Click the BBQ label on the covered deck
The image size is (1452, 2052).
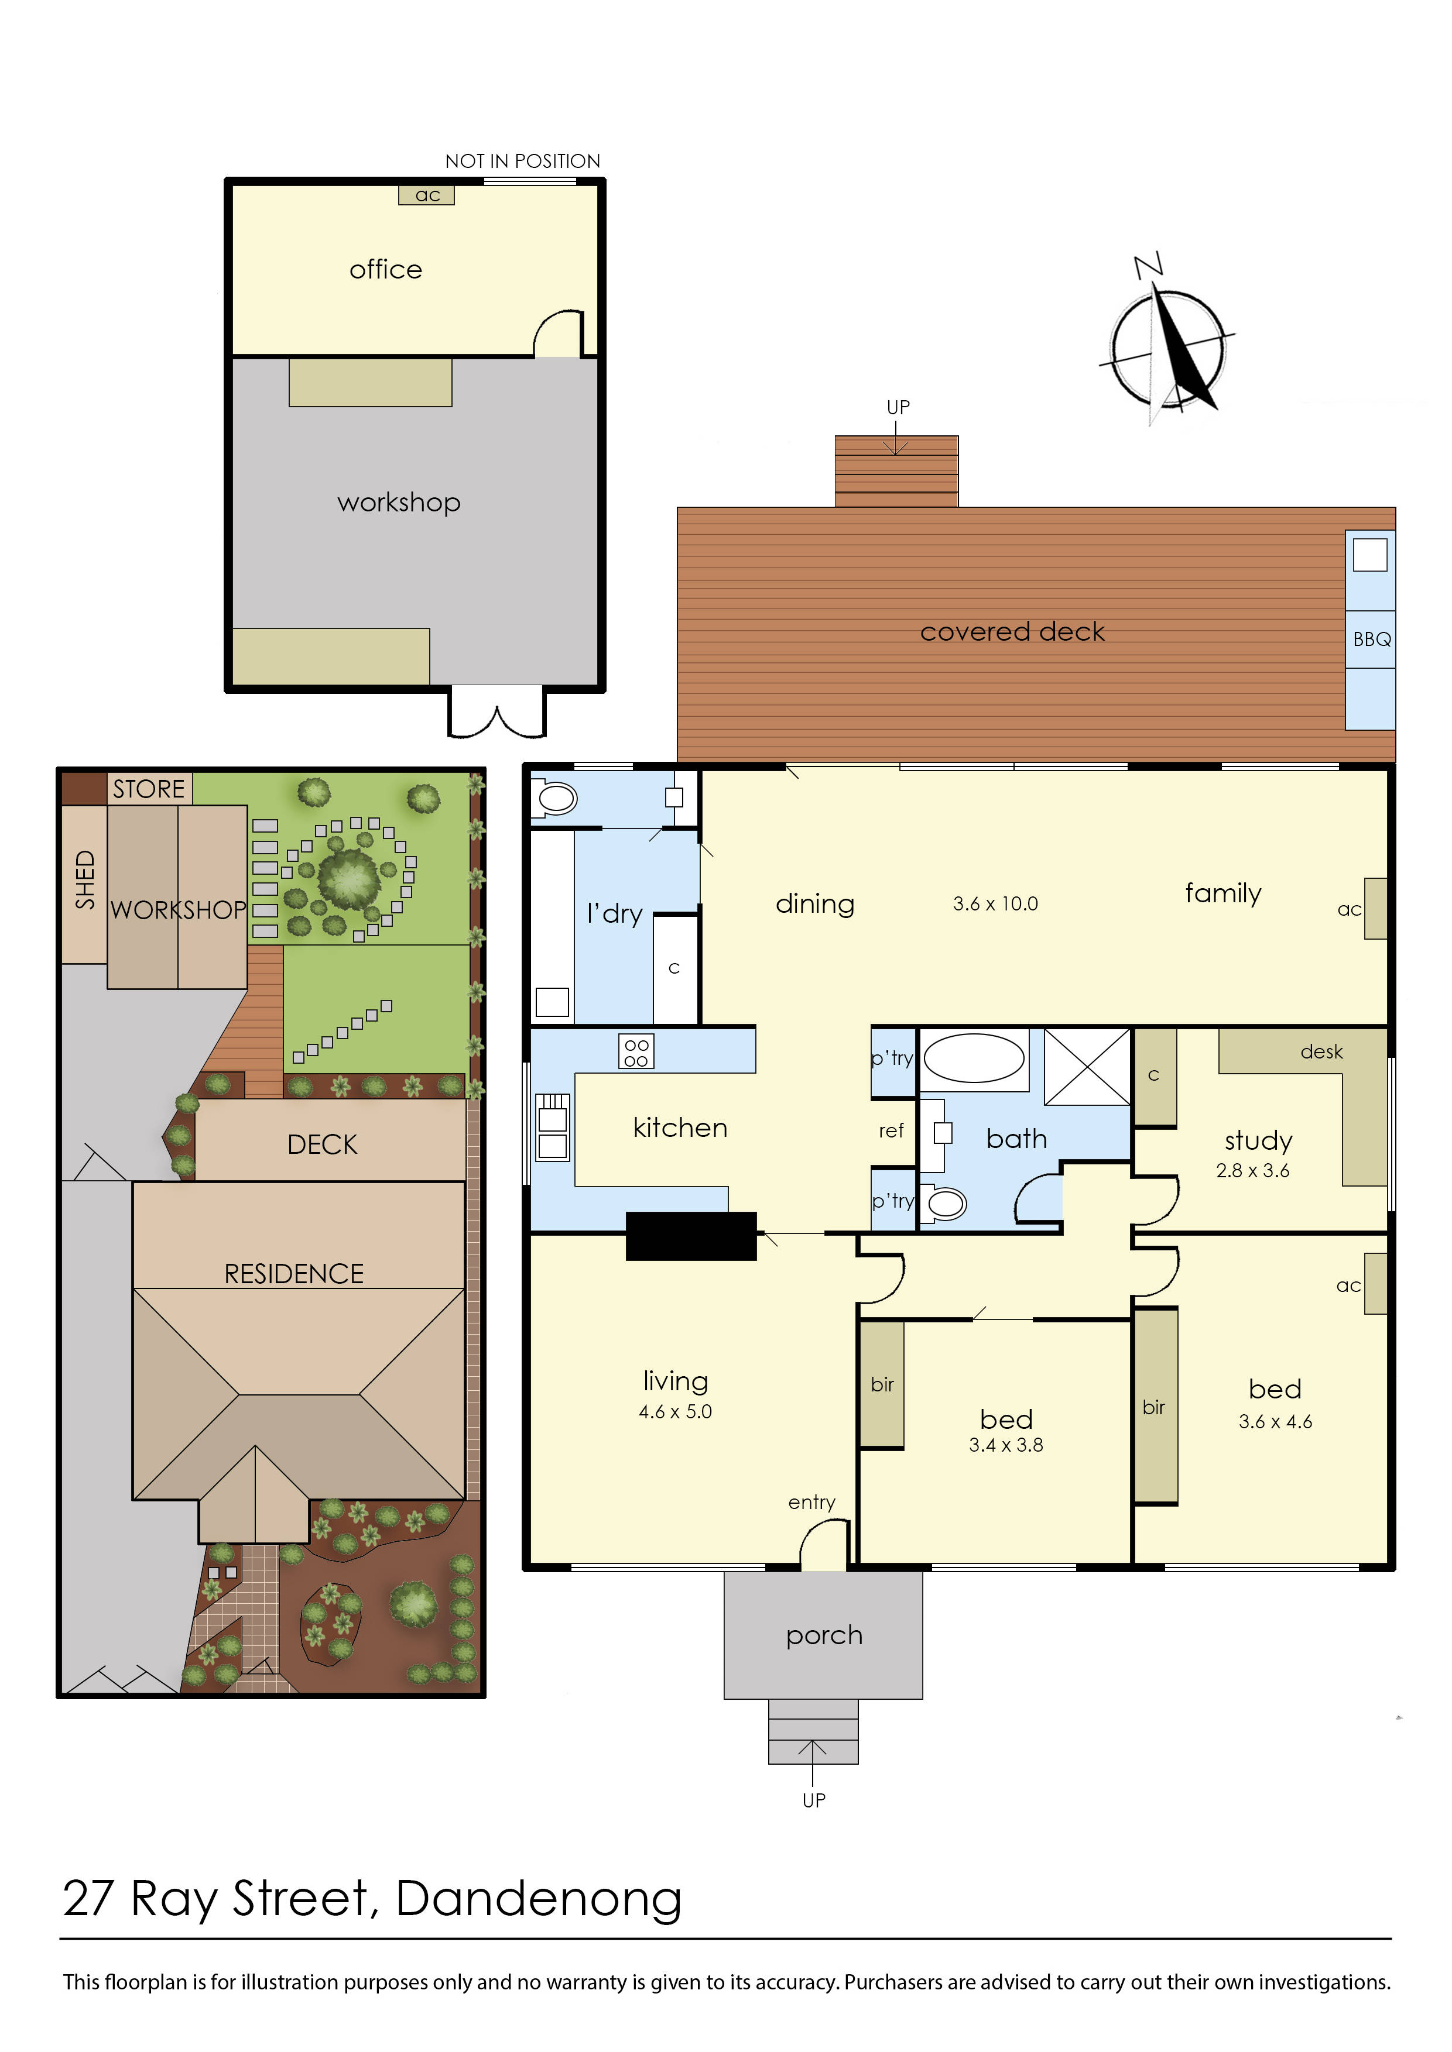point(1372,639)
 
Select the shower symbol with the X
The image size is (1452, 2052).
point(1087,1067)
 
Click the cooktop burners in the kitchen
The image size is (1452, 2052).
point(636,1052)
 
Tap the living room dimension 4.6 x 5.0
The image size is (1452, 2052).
point(675,1412)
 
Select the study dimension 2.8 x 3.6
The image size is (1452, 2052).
point(1252,1171)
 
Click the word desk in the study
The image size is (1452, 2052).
point(1321,1052)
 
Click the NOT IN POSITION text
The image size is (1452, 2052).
point(522,161)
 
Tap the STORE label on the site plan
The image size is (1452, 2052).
point(148,789)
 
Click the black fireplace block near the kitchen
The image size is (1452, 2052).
point(690,1236)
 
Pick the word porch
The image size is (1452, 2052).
point(823,1635)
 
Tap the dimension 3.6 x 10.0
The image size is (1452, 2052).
point(995,903)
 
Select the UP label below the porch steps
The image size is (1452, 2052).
point(814,1800)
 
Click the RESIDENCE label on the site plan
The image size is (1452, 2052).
point(293,1274)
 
